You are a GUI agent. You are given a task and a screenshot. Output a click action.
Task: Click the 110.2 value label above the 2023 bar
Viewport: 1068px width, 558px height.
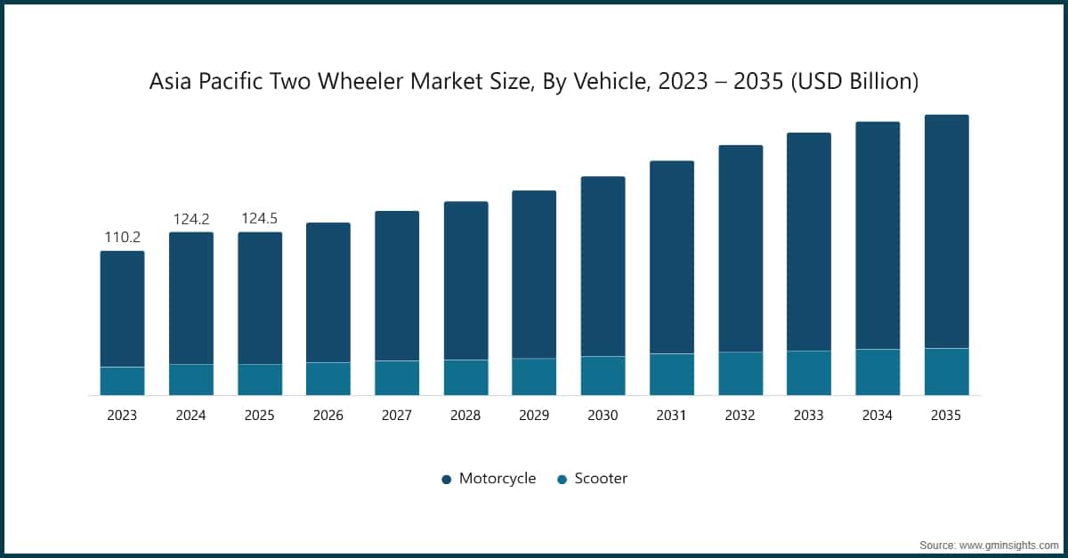pyautogui.click(x=122, y=238)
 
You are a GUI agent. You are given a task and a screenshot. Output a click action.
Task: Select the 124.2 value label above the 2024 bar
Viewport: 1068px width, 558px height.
pyautogui.click(x=190, y=218)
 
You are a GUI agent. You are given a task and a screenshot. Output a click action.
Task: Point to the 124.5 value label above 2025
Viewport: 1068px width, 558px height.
pyautogui.click(x=259, y=218)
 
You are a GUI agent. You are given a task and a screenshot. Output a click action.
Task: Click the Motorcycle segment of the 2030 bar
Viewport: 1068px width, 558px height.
pyautogui.click(x=603, y=266)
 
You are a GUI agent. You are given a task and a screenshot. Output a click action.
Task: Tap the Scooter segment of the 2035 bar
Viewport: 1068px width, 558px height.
pyautogui.click(x=946, y=371)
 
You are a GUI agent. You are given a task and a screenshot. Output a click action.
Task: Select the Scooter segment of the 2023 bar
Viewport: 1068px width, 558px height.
pyautogui.click(x=122, y=381)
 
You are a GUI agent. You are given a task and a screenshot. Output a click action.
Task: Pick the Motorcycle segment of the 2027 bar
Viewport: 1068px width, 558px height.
pyautogui.click(x=397, y=286)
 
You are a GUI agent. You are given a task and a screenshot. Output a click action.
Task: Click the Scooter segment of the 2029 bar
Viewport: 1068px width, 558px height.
pyautogui.click(x=534, y=376)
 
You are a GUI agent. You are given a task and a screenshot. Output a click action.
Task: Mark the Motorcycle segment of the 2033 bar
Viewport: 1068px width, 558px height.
pyautogui.click(x=809, y=241)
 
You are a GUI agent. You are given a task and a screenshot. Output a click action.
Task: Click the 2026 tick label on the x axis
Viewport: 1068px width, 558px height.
pyautogui.click(x=328, y=416)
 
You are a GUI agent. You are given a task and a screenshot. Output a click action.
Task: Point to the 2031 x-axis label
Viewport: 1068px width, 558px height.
pyautogui.click(x=672, y=416)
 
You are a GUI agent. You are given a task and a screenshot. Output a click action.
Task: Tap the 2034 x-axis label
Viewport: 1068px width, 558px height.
pyautogui.click(x=878, y=416)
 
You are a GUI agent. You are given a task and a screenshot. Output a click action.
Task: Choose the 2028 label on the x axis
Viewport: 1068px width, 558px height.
pyautogui.click(x=465, y=416)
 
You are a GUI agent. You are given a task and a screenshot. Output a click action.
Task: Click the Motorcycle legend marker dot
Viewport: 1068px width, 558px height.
pyautogui.click(x=447, y=480)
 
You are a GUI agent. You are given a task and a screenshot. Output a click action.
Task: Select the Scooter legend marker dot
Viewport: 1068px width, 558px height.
pyautogui.click(x=562, y=480)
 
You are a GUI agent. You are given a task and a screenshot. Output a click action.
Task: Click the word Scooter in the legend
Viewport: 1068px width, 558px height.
pyautogui.click(x=601, y=479)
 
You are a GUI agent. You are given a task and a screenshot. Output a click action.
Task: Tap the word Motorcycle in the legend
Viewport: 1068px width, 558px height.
pyautogui.click(x=498, y=479)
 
